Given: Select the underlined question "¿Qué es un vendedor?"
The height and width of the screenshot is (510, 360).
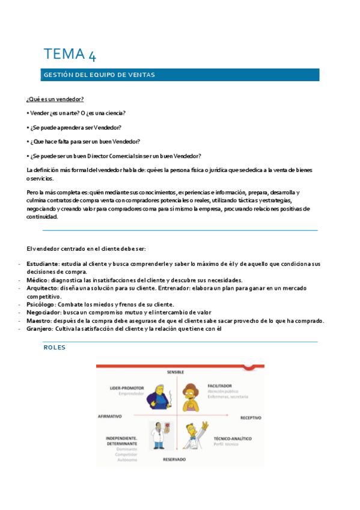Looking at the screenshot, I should (x=55, y=99).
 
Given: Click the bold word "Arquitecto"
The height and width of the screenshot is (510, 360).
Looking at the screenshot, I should (x=41, y=288).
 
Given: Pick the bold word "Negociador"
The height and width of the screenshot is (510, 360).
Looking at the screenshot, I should (x=43, y=312).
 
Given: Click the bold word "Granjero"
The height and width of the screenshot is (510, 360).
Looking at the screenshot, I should (x=40, y=328).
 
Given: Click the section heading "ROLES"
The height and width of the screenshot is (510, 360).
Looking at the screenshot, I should (x=55, y=348).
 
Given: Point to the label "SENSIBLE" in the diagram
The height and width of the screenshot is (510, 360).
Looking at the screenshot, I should (x=175, y=373).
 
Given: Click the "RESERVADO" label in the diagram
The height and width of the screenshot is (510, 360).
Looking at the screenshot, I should (x=174, y=459).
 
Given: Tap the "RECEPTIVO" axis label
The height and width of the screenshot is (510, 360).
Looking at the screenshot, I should (x=251, y=417).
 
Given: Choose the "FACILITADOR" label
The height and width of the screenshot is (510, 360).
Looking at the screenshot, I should (x=220, y=386).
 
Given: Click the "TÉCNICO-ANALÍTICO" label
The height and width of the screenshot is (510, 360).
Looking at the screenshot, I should (x=232, y=439).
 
